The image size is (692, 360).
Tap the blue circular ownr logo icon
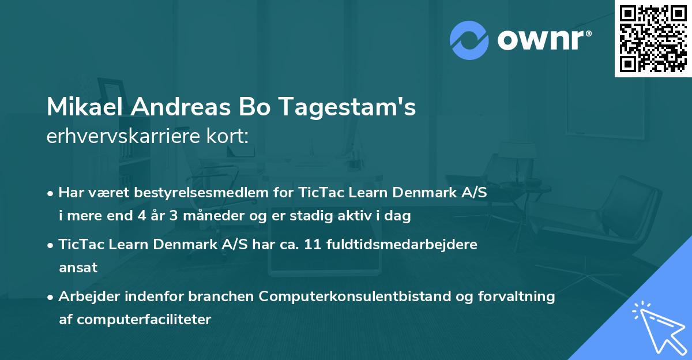point(469,40)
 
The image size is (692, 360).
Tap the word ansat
point(78,268)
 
